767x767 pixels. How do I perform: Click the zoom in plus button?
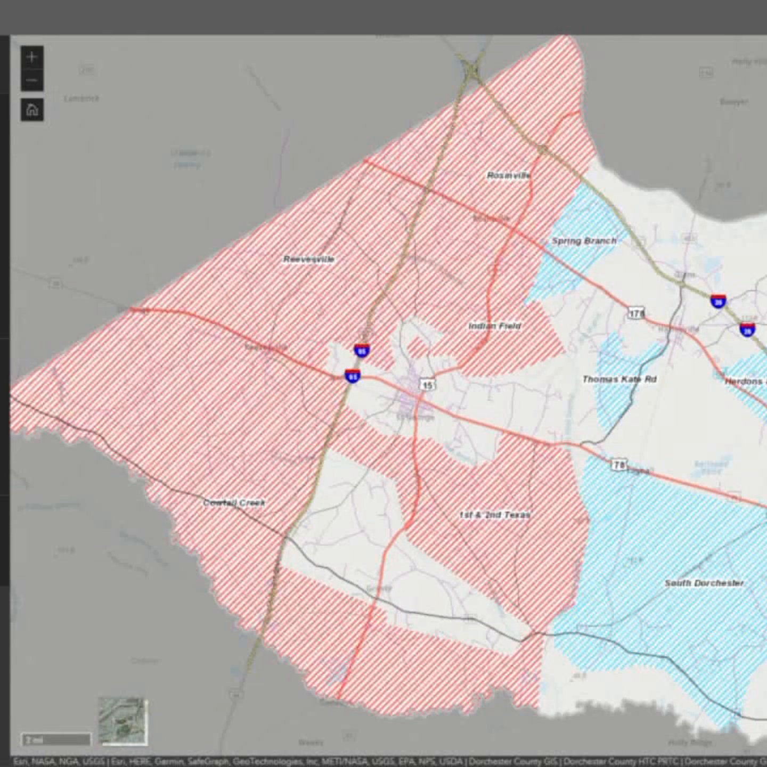pos(32,57)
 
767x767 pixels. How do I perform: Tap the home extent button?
pos(32,110)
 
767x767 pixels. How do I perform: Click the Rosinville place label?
pos(508,175)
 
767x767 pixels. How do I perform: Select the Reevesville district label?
pos(309,259)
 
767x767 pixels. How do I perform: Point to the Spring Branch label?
pos(584,241)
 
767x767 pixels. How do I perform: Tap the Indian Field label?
pos(494,325)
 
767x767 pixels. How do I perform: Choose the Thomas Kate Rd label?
pos(619,379)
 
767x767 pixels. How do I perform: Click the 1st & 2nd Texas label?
pos(495,515)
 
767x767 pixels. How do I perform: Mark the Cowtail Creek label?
pos(234,503)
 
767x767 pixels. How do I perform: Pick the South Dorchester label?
pos(704,583)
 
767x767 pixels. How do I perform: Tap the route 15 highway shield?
pos(427,385)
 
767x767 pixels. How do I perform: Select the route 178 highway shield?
pos(636,313)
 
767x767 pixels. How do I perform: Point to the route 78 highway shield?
pos(618,465)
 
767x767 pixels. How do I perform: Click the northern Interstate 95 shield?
pos(362,350)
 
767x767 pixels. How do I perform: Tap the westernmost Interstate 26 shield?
pos(718,301)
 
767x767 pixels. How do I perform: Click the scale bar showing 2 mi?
pos(56,740)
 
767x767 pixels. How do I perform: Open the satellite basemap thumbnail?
pos(123,721)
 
